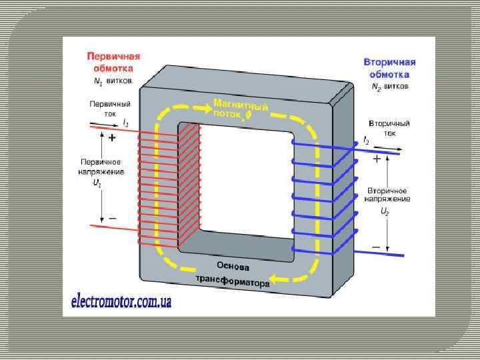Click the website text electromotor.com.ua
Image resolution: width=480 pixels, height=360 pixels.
121,301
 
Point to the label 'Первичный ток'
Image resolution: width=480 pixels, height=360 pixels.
110,109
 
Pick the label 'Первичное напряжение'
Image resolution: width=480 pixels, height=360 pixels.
101,167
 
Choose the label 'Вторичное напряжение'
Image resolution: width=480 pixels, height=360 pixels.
388,194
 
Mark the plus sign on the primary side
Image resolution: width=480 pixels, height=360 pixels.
111,138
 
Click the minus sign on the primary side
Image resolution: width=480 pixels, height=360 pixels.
111,217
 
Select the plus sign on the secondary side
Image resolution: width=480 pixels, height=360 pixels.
377,159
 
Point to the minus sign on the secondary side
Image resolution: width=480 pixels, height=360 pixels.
376,247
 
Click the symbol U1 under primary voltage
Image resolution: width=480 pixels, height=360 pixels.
97,183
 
